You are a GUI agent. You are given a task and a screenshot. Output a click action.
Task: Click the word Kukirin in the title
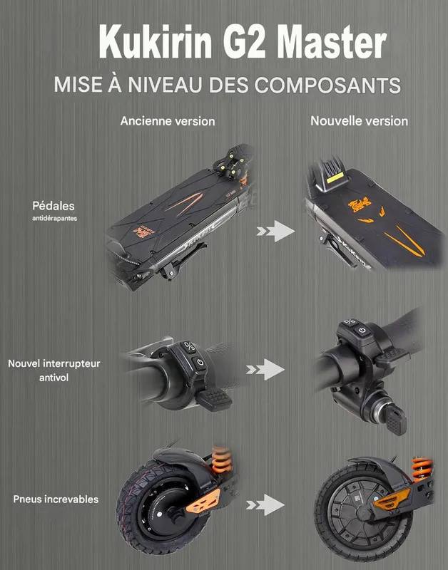click(156, 42)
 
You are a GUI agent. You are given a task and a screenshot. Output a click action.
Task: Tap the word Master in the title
click(332, 42)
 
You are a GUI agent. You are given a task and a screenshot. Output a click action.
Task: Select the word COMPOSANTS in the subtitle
click(327, 85)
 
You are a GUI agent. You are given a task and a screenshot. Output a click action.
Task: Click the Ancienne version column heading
click(168, 121)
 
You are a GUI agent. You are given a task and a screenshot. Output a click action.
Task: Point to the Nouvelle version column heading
click(360, 121)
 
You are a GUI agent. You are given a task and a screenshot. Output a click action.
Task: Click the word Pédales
click(54, 206)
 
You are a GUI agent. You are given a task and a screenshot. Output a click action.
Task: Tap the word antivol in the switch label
click(54, 378)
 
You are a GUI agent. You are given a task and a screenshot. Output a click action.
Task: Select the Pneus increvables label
click(56, 499)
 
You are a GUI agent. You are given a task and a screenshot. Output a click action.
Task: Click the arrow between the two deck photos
click(275, 231)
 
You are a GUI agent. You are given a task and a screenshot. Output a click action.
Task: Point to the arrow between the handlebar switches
click(265, 369)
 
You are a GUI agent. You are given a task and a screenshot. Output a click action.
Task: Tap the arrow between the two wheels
click(265, 504)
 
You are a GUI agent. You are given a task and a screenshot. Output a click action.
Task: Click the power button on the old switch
click(199, 363)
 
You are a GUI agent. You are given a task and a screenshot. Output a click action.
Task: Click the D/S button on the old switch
click(189, 347)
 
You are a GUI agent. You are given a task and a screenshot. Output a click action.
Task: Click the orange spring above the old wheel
click(222, 460)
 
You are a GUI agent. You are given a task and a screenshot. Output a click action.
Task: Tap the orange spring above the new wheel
click(422, 469)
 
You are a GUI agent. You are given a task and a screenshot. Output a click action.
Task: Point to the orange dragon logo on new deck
click(360, 205)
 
